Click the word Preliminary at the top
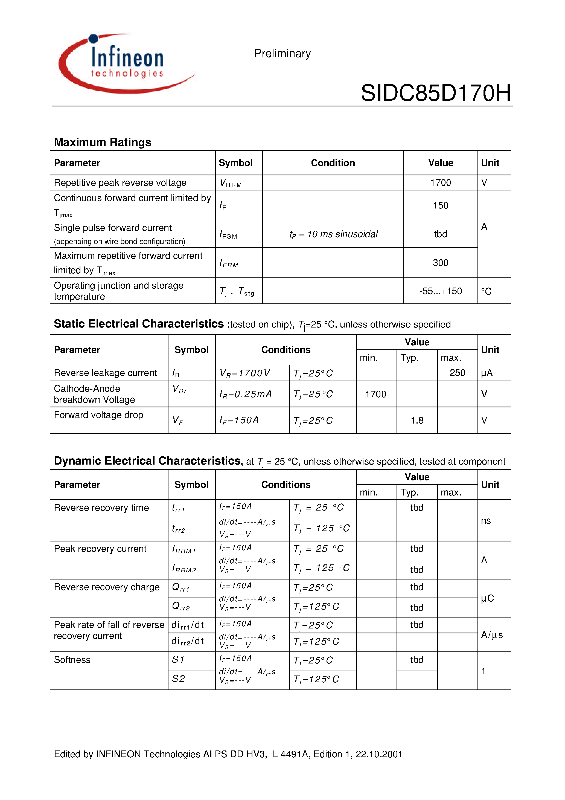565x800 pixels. click(x=282, y=53)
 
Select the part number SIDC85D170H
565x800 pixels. click(x=435, y=93)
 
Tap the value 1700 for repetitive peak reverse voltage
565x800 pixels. click(x=440, y=182)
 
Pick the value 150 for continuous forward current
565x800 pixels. click(x=440, y=205)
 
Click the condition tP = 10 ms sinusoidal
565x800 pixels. click(x=333, y=234)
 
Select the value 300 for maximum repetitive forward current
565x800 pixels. click(x=440, y=263)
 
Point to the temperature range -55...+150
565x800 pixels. click(x=440, y=291)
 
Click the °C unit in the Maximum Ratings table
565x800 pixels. click(x=486, y=291)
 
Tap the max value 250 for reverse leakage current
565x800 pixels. click(x=457, y=373)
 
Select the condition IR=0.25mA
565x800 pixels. click(x=245, y=394)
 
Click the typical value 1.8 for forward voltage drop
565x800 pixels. click(x=417, y=421)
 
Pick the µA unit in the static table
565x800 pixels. click(x=487, y=373)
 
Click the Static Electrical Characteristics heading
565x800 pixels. click(x=139, y=324)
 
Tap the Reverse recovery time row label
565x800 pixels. click(x=101, y=508)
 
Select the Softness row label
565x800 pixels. click(x=72, y=660)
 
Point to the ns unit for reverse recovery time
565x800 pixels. click(x=486, y=521)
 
